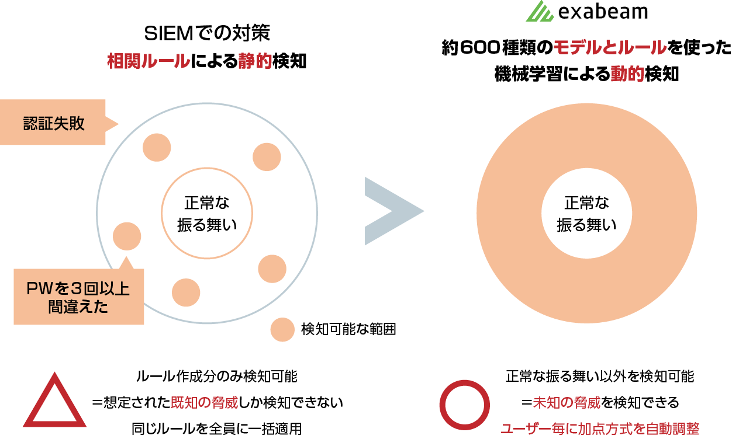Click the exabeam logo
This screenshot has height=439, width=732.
coord(585,13)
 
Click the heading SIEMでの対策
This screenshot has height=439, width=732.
coord(207,33)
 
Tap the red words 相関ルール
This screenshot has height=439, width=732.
coord(149,61)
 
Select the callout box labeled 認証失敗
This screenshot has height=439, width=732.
coord(54,123)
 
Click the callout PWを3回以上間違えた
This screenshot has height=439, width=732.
coord(78,298)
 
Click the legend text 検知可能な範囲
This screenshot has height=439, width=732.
coord(348,330)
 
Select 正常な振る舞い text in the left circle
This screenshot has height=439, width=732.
coord(207,214)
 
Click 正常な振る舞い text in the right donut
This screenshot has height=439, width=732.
coord(586,214)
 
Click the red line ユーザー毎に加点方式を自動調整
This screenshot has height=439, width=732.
coord(600,428)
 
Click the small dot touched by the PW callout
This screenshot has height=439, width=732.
coord(127,236)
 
